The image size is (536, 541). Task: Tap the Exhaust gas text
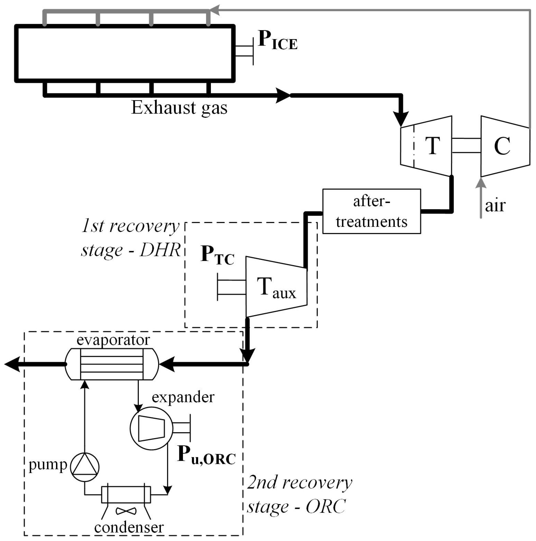tap(179, 108)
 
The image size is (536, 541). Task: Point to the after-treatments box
tap(371, 211)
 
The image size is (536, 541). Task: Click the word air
tap(495, 206)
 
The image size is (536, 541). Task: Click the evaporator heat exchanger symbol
tap(112, 364)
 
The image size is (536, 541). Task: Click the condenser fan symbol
tap(126, 511)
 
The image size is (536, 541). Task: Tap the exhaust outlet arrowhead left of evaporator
tap(13, 364)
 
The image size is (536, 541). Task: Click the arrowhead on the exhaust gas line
tap(282, 95)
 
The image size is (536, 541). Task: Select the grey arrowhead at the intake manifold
tap(214, 11)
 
